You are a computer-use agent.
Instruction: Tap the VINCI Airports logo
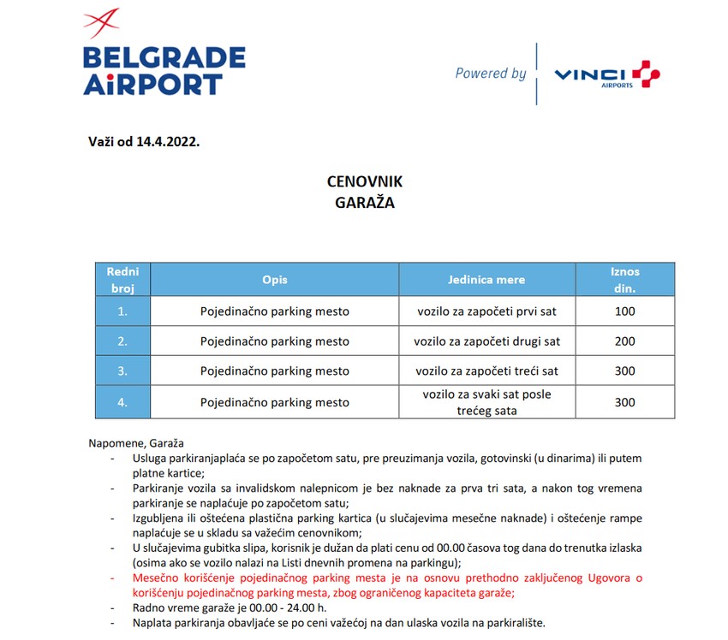[607, 75]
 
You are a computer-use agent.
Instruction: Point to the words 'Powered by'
[491, 74]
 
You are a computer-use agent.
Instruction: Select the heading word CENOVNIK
[364, 182]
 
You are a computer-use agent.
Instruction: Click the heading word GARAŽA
[364, 204]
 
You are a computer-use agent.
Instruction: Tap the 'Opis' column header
[275, 280]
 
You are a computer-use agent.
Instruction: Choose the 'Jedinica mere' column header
[486, 280]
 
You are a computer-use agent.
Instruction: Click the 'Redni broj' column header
[122, 280]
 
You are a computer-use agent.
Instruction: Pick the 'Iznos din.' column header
[624, 280]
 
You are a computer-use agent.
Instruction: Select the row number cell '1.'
[122, 311]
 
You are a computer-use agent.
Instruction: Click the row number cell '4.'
[122, 402]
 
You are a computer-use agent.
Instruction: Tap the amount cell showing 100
[624, 311]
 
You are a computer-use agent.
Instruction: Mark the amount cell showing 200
[624, 341]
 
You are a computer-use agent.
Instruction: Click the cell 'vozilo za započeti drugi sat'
[486, 341]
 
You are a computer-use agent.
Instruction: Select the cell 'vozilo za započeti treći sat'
[486, 371]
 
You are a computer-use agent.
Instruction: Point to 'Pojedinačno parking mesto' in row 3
[275, 371]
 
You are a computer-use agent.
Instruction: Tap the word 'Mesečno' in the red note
[155, 578]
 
